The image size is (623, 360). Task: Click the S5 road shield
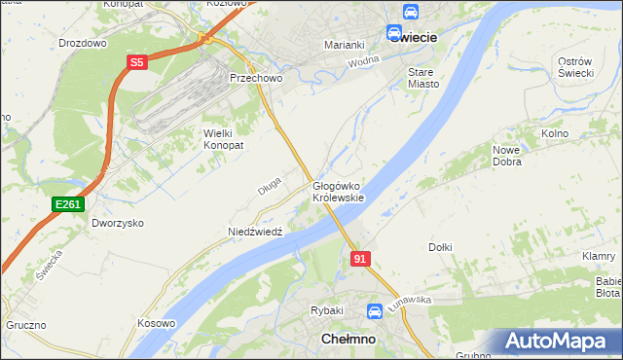136,63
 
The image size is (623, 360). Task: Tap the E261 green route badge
68,204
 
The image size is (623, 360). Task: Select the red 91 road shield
360,259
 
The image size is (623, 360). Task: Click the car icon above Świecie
411,13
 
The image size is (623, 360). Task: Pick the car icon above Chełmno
375,311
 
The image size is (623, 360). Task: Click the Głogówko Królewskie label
338,192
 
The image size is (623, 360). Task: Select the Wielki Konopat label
223,138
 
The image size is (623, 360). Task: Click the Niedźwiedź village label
254,233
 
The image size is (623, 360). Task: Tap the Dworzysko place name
118,223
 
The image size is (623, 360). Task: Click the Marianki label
344,45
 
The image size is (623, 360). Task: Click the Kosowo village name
156,323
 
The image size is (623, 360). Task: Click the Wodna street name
362,61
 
